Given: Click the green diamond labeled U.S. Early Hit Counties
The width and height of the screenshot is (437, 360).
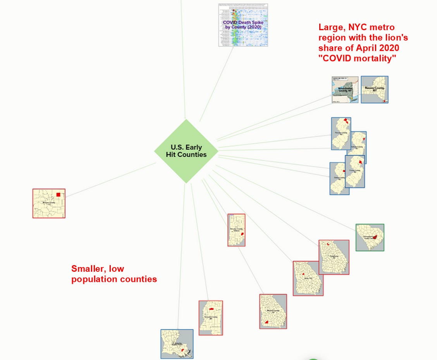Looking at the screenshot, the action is (186, 151).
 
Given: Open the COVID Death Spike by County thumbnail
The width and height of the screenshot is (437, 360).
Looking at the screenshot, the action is (243, 25).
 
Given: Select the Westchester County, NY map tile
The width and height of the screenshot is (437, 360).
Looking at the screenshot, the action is (345, 89).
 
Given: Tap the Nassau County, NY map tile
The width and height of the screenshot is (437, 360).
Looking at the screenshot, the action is (375, 89).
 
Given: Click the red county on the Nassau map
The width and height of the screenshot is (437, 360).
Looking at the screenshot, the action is (384, 101).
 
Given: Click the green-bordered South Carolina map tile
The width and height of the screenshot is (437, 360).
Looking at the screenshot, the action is (370, 237).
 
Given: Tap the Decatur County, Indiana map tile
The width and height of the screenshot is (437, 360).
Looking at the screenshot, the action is (236, 230).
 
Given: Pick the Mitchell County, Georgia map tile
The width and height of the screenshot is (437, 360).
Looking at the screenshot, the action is (273, 311).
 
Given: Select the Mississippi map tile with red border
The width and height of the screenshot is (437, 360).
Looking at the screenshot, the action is (211, 318).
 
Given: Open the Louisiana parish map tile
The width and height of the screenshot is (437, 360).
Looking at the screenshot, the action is (177, 344).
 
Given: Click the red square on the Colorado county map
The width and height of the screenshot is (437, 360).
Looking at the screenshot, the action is (58, 195).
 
